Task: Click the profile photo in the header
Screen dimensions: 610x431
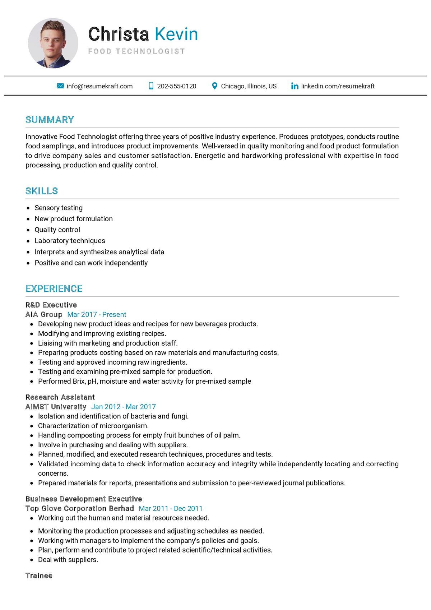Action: (x=53, y=43)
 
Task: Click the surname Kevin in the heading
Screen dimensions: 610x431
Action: (x=176, y=34)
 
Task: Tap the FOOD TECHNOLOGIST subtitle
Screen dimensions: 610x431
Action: (x=136, y=51)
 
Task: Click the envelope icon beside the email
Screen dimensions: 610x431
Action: (x=60, y=86)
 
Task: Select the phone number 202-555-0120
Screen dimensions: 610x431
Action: (x=176, y=86)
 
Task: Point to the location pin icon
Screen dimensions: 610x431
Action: (x=214, y=86)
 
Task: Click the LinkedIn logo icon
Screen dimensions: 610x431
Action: (x=295, y=86)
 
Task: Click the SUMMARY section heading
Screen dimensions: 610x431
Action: (x=50, y=120)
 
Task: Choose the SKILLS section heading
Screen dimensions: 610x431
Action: (x=42, y=191)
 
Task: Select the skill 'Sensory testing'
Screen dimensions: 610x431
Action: (x=59, y=208)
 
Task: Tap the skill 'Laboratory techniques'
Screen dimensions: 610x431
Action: (x=70, y=241)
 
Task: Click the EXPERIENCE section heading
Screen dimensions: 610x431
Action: (x=54, y=288)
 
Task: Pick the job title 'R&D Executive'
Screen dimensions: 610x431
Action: (x=51, y=305)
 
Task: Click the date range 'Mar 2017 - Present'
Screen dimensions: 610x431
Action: (x=97, y=315)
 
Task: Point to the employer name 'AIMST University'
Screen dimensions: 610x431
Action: (x=56, y=407)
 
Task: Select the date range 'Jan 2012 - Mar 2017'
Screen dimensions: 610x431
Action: (x=123, y=407)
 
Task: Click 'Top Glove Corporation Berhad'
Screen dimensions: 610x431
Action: (x=79, y=508)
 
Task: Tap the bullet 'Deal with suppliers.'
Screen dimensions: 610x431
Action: (x=68, y=560)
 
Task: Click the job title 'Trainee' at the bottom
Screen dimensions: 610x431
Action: (x=39, y=576)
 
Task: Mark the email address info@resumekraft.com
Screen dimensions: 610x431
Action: (x=99, y=86)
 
